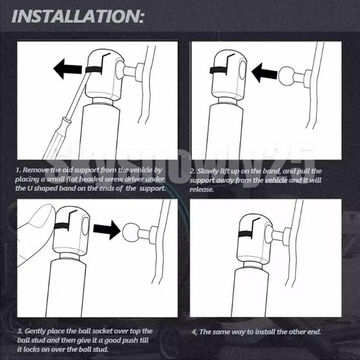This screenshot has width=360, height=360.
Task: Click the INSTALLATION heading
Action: pyautogui.click(x=78, y=16)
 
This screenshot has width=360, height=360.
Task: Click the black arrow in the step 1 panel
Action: pyautogui.click(x=68, y=69)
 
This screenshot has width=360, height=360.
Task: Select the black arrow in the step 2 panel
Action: pyautogui.click(x=265, y=73)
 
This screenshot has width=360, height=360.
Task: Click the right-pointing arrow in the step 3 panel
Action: pyautogui.click(x=107, y=230)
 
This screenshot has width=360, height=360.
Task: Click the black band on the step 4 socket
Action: pyautogui.click(x=245, y=234)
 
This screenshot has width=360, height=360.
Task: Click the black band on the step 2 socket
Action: pyautogui.click(x=218, y=71)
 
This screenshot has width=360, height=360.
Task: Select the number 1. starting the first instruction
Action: pyautogui.click(x=18, y=170)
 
